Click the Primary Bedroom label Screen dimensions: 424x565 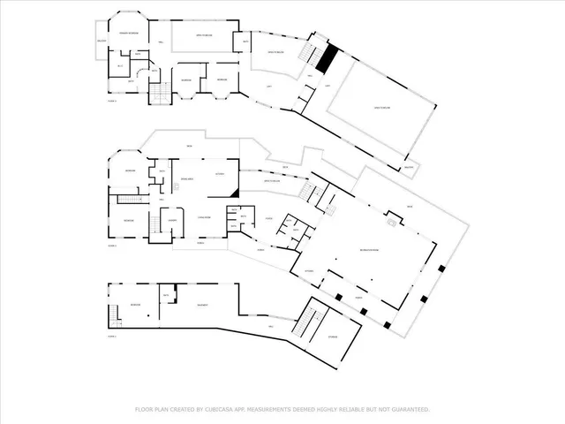tap(128, 34)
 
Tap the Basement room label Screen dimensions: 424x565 tap(202, 305)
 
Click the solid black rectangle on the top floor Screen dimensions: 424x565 tap(327, 58)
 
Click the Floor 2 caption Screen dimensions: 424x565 tap(112, 245)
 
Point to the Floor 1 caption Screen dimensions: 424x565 tap(112, 337)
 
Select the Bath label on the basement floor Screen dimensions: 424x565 tap(165, 295)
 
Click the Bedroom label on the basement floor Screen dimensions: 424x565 tap(134, 305)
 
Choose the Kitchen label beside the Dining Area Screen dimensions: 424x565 tap(220, 174)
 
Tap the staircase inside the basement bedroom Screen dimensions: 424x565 tap(112, 314)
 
